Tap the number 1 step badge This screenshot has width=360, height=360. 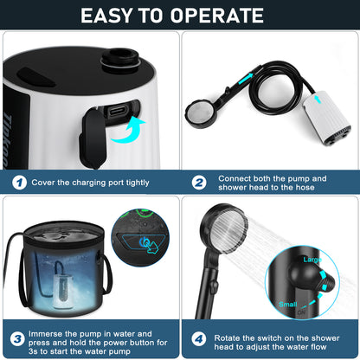point(19,183)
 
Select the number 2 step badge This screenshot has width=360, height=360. point(197,183)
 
